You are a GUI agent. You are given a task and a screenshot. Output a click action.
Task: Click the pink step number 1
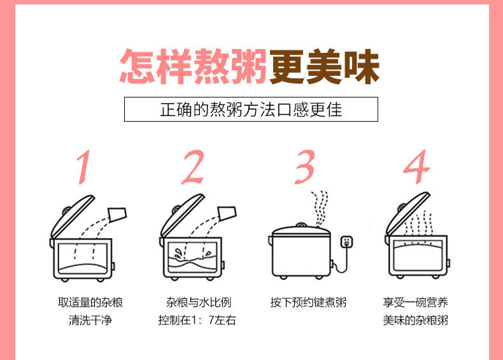(84, 167)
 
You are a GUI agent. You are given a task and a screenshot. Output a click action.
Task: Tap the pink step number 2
(193, 167)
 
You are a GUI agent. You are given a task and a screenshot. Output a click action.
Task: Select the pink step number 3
(305, 167)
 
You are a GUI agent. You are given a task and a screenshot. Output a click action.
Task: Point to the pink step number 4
(416, 167)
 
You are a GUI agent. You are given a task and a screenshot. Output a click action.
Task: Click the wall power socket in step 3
(346, 241)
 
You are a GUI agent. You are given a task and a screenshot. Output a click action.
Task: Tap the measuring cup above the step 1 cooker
(118, 215)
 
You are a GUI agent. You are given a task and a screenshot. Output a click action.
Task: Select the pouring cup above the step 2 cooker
(227, 213)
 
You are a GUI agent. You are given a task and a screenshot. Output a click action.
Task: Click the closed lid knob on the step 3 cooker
(301, 224)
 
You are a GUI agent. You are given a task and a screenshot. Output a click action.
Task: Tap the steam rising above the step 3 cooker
(320, 208)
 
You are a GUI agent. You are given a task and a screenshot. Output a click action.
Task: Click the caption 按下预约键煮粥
(308, 303)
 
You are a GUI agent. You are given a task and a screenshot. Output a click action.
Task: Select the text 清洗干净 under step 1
(90, 320)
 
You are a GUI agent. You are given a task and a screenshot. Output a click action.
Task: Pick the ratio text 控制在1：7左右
(197, 320)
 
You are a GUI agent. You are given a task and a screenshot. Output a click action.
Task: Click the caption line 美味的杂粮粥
(416, 320)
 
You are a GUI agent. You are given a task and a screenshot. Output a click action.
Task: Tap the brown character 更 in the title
(287, 66)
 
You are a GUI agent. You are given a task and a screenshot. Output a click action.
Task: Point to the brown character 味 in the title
(362, 66)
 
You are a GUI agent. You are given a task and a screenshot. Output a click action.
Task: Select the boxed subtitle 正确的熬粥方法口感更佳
(251, 110)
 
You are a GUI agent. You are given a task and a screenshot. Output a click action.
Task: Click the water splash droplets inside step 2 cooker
(178, 253)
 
